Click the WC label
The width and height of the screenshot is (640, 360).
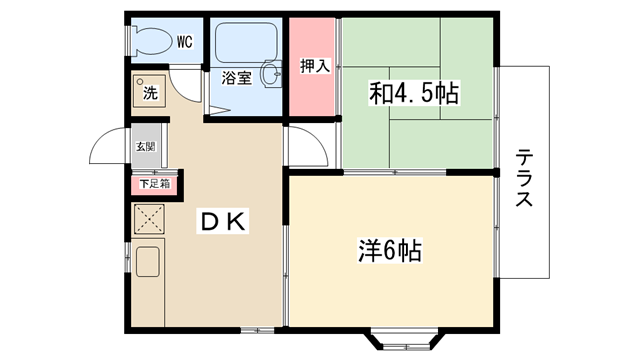(185, 42)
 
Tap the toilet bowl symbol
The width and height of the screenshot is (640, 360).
(151, 41)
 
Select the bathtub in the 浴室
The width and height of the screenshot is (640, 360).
(246, 43)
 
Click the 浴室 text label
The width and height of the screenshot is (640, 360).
(236, 78)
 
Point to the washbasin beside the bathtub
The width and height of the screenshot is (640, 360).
(271, 74)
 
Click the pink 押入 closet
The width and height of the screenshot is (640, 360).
(312, 67)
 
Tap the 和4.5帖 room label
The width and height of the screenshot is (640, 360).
(414, 93)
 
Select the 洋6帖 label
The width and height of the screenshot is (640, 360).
(389, 251)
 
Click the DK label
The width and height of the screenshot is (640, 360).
(222, 222)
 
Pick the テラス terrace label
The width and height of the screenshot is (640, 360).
(524, 178)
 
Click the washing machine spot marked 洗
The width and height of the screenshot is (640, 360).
(149, 91)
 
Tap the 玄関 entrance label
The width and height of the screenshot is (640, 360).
(145, 147)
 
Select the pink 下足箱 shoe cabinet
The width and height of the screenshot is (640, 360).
(155, 184)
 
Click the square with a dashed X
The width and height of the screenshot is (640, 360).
(149, 220)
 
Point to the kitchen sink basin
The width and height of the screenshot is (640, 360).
(148, 262)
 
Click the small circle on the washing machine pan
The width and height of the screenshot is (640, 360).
(140, 82)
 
